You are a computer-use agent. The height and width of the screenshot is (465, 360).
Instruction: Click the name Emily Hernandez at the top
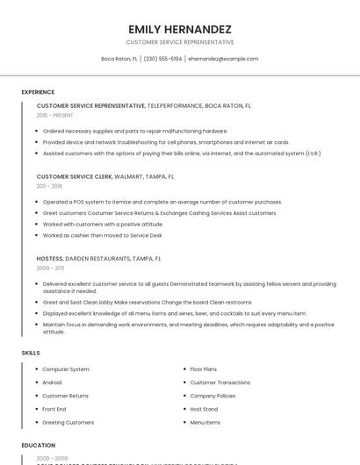[180, 28]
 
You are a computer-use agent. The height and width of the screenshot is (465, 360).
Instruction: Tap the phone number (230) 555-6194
[162, 59]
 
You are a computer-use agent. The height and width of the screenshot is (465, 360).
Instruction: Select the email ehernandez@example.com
[223, 59]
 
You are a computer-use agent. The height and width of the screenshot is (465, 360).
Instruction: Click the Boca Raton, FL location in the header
[119, 59]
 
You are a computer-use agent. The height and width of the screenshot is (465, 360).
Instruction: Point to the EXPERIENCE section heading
[38, 92]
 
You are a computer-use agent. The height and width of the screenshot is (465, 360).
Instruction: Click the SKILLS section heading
[31, 353]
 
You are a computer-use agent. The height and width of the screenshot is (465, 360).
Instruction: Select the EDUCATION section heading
[39, 445]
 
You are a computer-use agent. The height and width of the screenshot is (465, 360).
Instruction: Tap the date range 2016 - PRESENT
[54, 115]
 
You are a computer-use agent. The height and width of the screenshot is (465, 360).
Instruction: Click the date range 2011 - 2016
[49, 186]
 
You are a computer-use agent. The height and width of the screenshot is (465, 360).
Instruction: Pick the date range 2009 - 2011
[49, 268]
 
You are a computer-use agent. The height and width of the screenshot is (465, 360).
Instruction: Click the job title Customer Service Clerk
[75, 176]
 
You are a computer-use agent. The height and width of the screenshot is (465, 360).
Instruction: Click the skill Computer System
[66, 369]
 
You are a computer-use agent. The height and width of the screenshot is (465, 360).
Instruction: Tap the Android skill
[52, 383]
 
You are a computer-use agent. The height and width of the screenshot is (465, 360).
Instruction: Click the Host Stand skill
[204, 409]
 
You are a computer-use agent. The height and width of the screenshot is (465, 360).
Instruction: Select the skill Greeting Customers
[68, 422]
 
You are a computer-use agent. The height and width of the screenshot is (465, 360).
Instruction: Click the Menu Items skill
[205, 422]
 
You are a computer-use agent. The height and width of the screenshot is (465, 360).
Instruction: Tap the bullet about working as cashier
[102, 235]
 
